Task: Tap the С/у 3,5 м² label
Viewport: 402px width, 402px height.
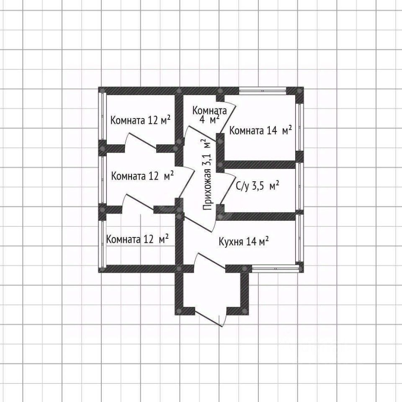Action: pos(258,186)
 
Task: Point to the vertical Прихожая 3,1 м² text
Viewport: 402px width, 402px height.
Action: pos(207,175)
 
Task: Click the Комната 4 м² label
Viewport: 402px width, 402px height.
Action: pos(209,115)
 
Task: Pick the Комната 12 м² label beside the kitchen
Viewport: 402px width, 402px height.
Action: pos(138,239)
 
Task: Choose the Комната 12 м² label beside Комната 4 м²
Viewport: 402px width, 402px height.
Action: pos(140,121)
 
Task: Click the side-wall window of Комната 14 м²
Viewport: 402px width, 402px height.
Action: pos(299,126)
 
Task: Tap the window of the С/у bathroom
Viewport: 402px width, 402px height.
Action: pos(299,186)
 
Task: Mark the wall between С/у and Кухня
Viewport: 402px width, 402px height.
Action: pos(260,216)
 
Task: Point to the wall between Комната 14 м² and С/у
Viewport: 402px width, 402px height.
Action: pos(260,165)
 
